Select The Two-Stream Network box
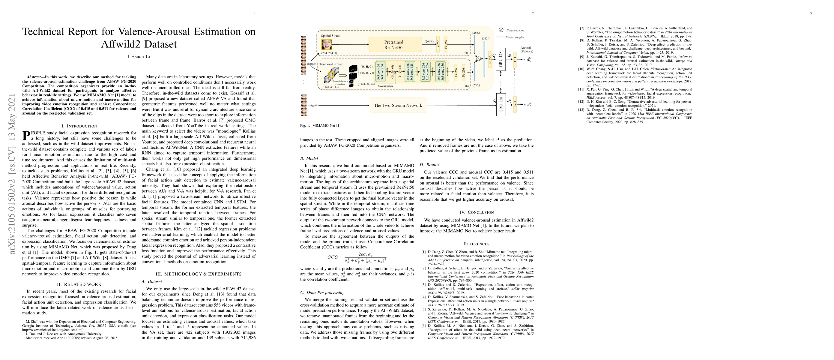398,106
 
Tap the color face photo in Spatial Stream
327,44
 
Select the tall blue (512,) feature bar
485,58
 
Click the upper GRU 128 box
501,59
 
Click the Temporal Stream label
331,64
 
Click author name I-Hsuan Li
139,57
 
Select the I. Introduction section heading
79,126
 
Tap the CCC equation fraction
365,257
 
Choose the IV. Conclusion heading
476,212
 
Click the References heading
476,244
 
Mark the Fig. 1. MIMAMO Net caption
320,126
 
